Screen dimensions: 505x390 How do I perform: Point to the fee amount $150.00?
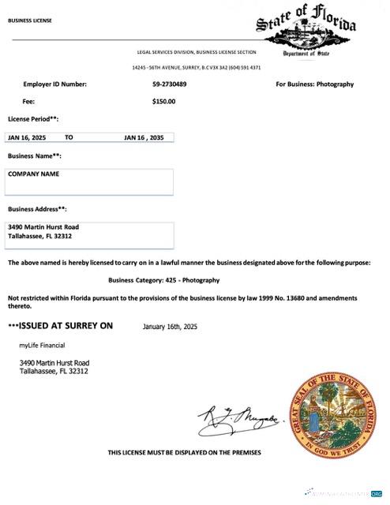tap(163, 101)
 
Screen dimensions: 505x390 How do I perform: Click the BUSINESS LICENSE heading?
tap(29, 21)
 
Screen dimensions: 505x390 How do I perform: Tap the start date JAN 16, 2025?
tap(27, 137)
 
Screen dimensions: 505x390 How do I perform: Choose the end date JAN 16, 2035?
tap(148, 137)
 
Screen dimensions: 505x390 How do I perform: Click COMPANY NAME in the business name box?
tap(33, 174)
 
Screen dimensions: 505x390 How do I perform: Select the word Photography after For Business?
tap(335, 84)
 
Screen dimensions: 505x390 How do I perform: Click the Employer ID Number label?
tap(54, 84)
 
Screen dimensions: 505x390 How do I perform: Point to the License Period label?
tap(32, 118)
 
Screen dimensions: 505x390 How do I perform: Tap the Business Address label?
tap(37, 209)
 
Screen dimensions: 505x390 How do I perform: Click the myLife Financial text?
tap(42, 345)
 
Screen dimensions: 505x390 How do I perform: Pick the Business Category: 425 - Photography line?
tap(163, 280)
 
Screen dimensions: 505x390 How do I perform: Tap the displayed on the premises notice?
tap(184, 452)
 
